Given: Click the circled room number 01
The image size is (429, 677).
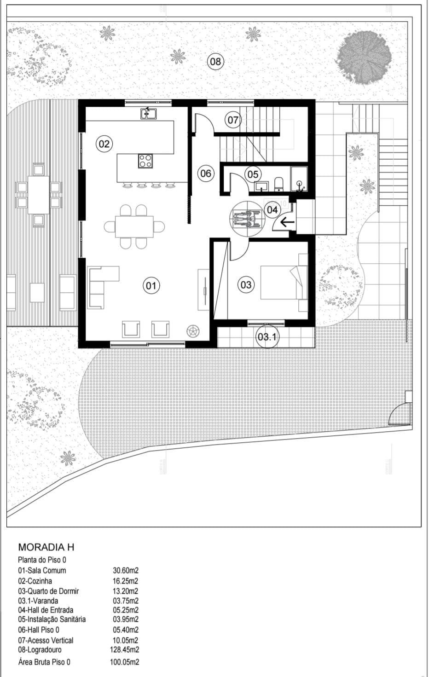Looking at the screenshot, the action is point(151,285).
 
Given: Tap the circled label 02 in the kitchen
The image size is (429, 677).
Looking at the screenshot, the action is point(104,144).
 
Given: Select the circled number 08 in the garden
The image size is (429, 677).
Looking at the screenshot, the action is point(215,62).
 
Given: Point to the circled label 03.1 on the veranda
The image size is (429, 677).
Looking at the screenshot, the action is point(267,336).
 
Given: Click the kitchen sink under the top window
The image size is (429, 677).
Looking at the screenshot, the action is point(148,113).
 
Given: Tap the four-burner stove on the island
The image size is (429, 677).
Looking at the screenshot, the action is point(145,161).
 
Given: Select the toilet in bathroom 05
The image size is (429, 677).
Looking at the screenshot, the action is point(279,184).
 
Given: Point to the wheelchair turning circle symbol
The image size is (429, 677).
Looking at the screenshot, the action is point(247,219).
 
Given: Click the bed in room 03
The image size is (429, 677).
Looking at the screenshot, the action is point(284,283).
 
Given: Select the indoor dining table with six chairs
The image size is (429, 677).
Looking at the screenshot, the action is point(134,227).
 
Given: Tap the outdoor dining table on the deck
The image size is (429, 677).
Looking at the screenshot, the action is point(39,195).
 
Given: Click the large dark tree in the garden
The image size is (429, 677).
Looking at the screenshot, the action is point(364,58).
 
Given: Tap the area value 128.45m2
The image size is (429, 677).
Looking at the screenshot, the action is point(124,649).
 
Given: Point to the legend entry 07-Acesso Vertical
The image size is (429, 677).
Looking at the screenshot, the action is point(46,640).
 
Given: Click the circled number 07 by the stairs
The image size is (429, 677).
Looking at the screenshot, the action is point(233,120).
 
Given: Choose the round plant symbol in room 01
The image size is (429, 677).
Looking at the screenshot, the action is point(193,331).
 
